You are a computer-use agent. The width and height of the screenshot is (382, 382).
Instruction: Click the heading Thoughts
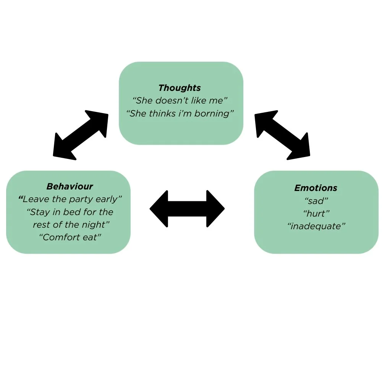tap(180, 88)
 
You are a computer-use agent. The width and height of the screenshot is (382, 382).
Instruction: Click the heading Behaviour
tap(70, 186)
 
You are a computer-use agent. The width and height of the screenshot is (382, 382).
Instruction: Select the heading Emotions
tap(316, 188)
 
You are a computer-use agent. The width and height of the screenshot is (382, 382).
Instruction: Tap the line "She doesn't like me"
tap(180, 101)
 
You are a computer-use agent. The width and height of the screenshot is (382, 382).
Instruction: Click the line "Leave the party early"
tap(70, 199)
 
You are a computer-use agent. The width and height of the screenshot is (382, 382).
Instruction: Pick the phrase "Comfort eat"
tap(70, 237)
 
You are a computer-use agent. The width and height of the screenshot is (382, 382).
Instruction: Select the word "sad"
tap(316, 201)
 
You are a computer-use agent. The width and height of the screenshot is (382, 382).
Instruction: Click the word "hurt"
tap(316, 214)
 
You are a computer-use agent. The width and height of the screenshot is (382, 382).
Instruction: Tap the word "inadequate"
tap(316, 226)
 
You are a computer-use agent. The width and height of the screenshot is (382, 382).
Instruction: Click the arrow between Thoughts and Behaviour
tap(81, 134)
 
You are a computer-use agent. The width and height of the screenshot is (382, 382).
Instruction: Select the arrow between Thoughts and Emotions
tap(283, 134)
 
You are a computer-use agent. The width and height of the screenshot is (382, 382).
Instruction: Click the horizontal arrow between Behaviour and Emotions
tap(187, 209)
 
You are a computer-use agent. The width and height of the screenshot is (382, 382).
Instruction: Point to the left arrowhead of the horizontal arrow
tap(159, 209)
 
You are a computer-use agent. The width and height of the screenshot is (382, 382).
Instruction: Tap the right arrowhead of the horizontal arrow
tap(215, 209)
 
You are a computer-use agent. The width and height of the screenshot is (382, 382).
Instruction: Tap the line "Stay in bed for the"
tap(70, 212)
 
